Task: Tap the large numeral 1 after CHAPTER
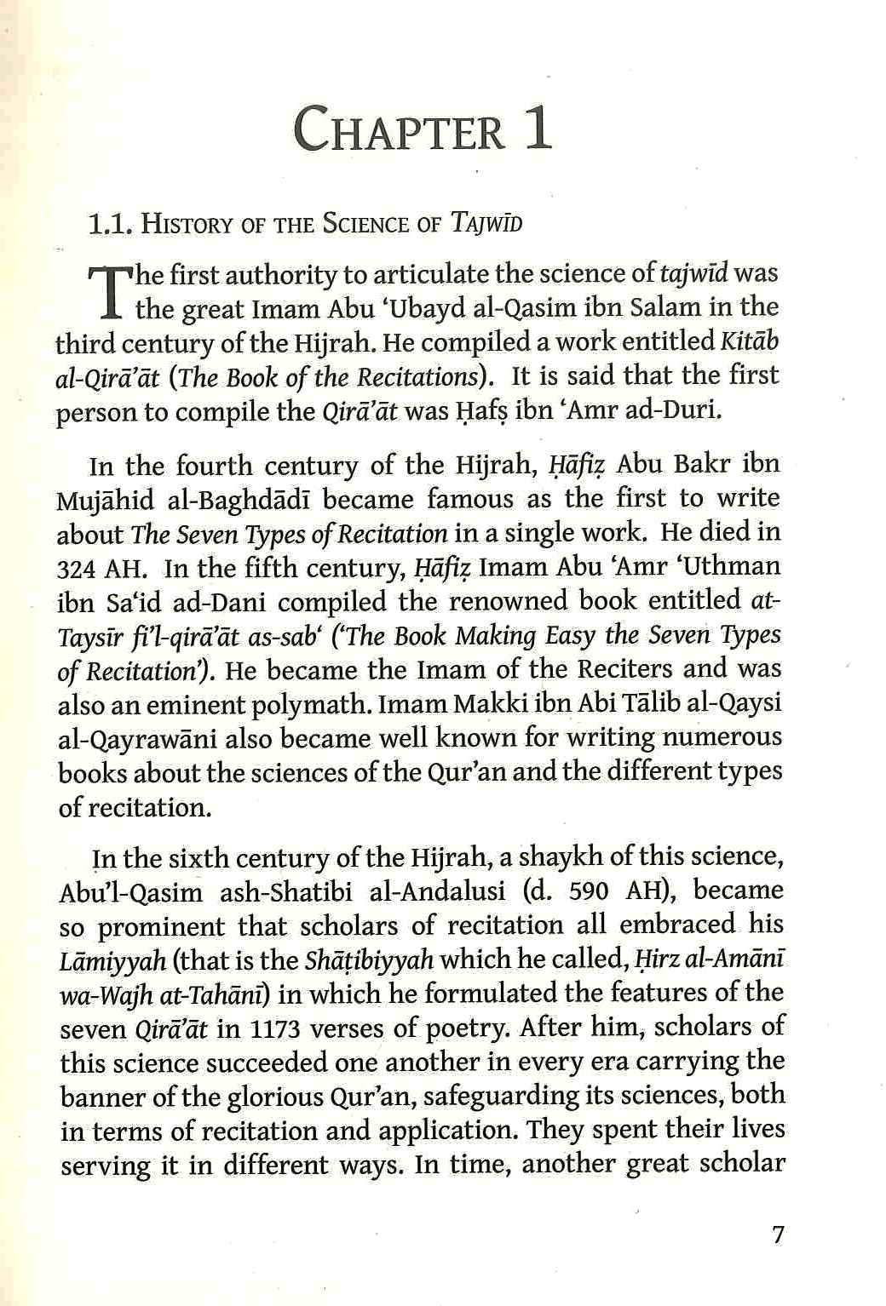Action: [537, 129]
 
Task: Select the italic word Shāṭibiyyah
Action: [368, 961]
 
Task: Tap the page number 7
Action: [775, 1235]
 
